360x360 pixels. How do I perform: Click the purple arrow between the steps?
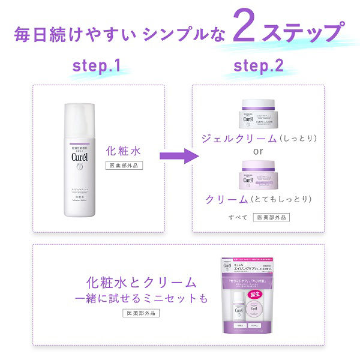(x=178, y=157)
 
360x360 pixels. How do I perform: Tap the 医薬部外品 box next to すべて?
(x=271, y=217)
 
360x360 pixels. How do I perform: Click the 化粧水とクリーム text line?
(x=141, y=282)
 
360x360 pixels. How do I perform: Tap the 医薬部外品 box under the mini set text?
(x=142, y=313)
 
